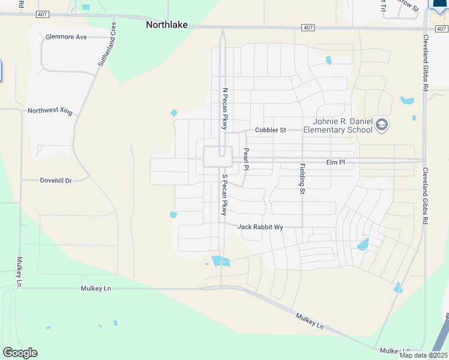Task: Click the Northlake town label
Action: [167, 25]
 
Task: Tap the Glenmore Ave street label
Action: [66, 37]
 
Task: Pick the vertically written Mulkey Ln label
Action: [20, 271]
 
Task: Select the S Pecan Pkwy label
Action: [224, 195]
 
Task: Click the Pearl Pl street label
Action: [246, 159]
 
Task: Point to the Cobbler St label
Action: [270, 130]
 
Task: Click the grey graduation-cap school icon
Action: [382, 125]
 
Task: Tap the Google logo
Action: [20, 353]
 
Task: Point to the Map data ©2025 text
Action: [423, 355]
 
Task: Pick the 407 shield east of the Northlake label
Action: [307, 28]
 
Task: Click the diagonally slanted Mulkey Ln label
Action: [309, 321]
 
